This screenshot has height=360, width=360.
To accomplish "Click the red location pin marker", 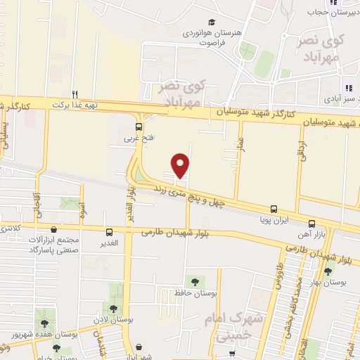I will pos(181,165).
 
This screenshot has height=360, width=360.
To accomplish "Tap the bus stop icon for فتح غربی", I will pos(139,127).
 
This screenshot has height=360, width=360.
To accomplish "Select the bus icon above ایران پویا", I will pos(274,209).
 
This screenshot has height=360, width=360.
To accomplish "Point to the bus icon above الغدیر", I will pos(109,232).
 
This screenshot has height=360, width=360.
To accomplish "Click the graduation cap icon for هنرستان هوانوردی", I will pos(212,22).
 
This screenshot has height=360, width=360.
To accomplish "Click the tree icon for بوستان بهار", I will pos(328,271).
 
